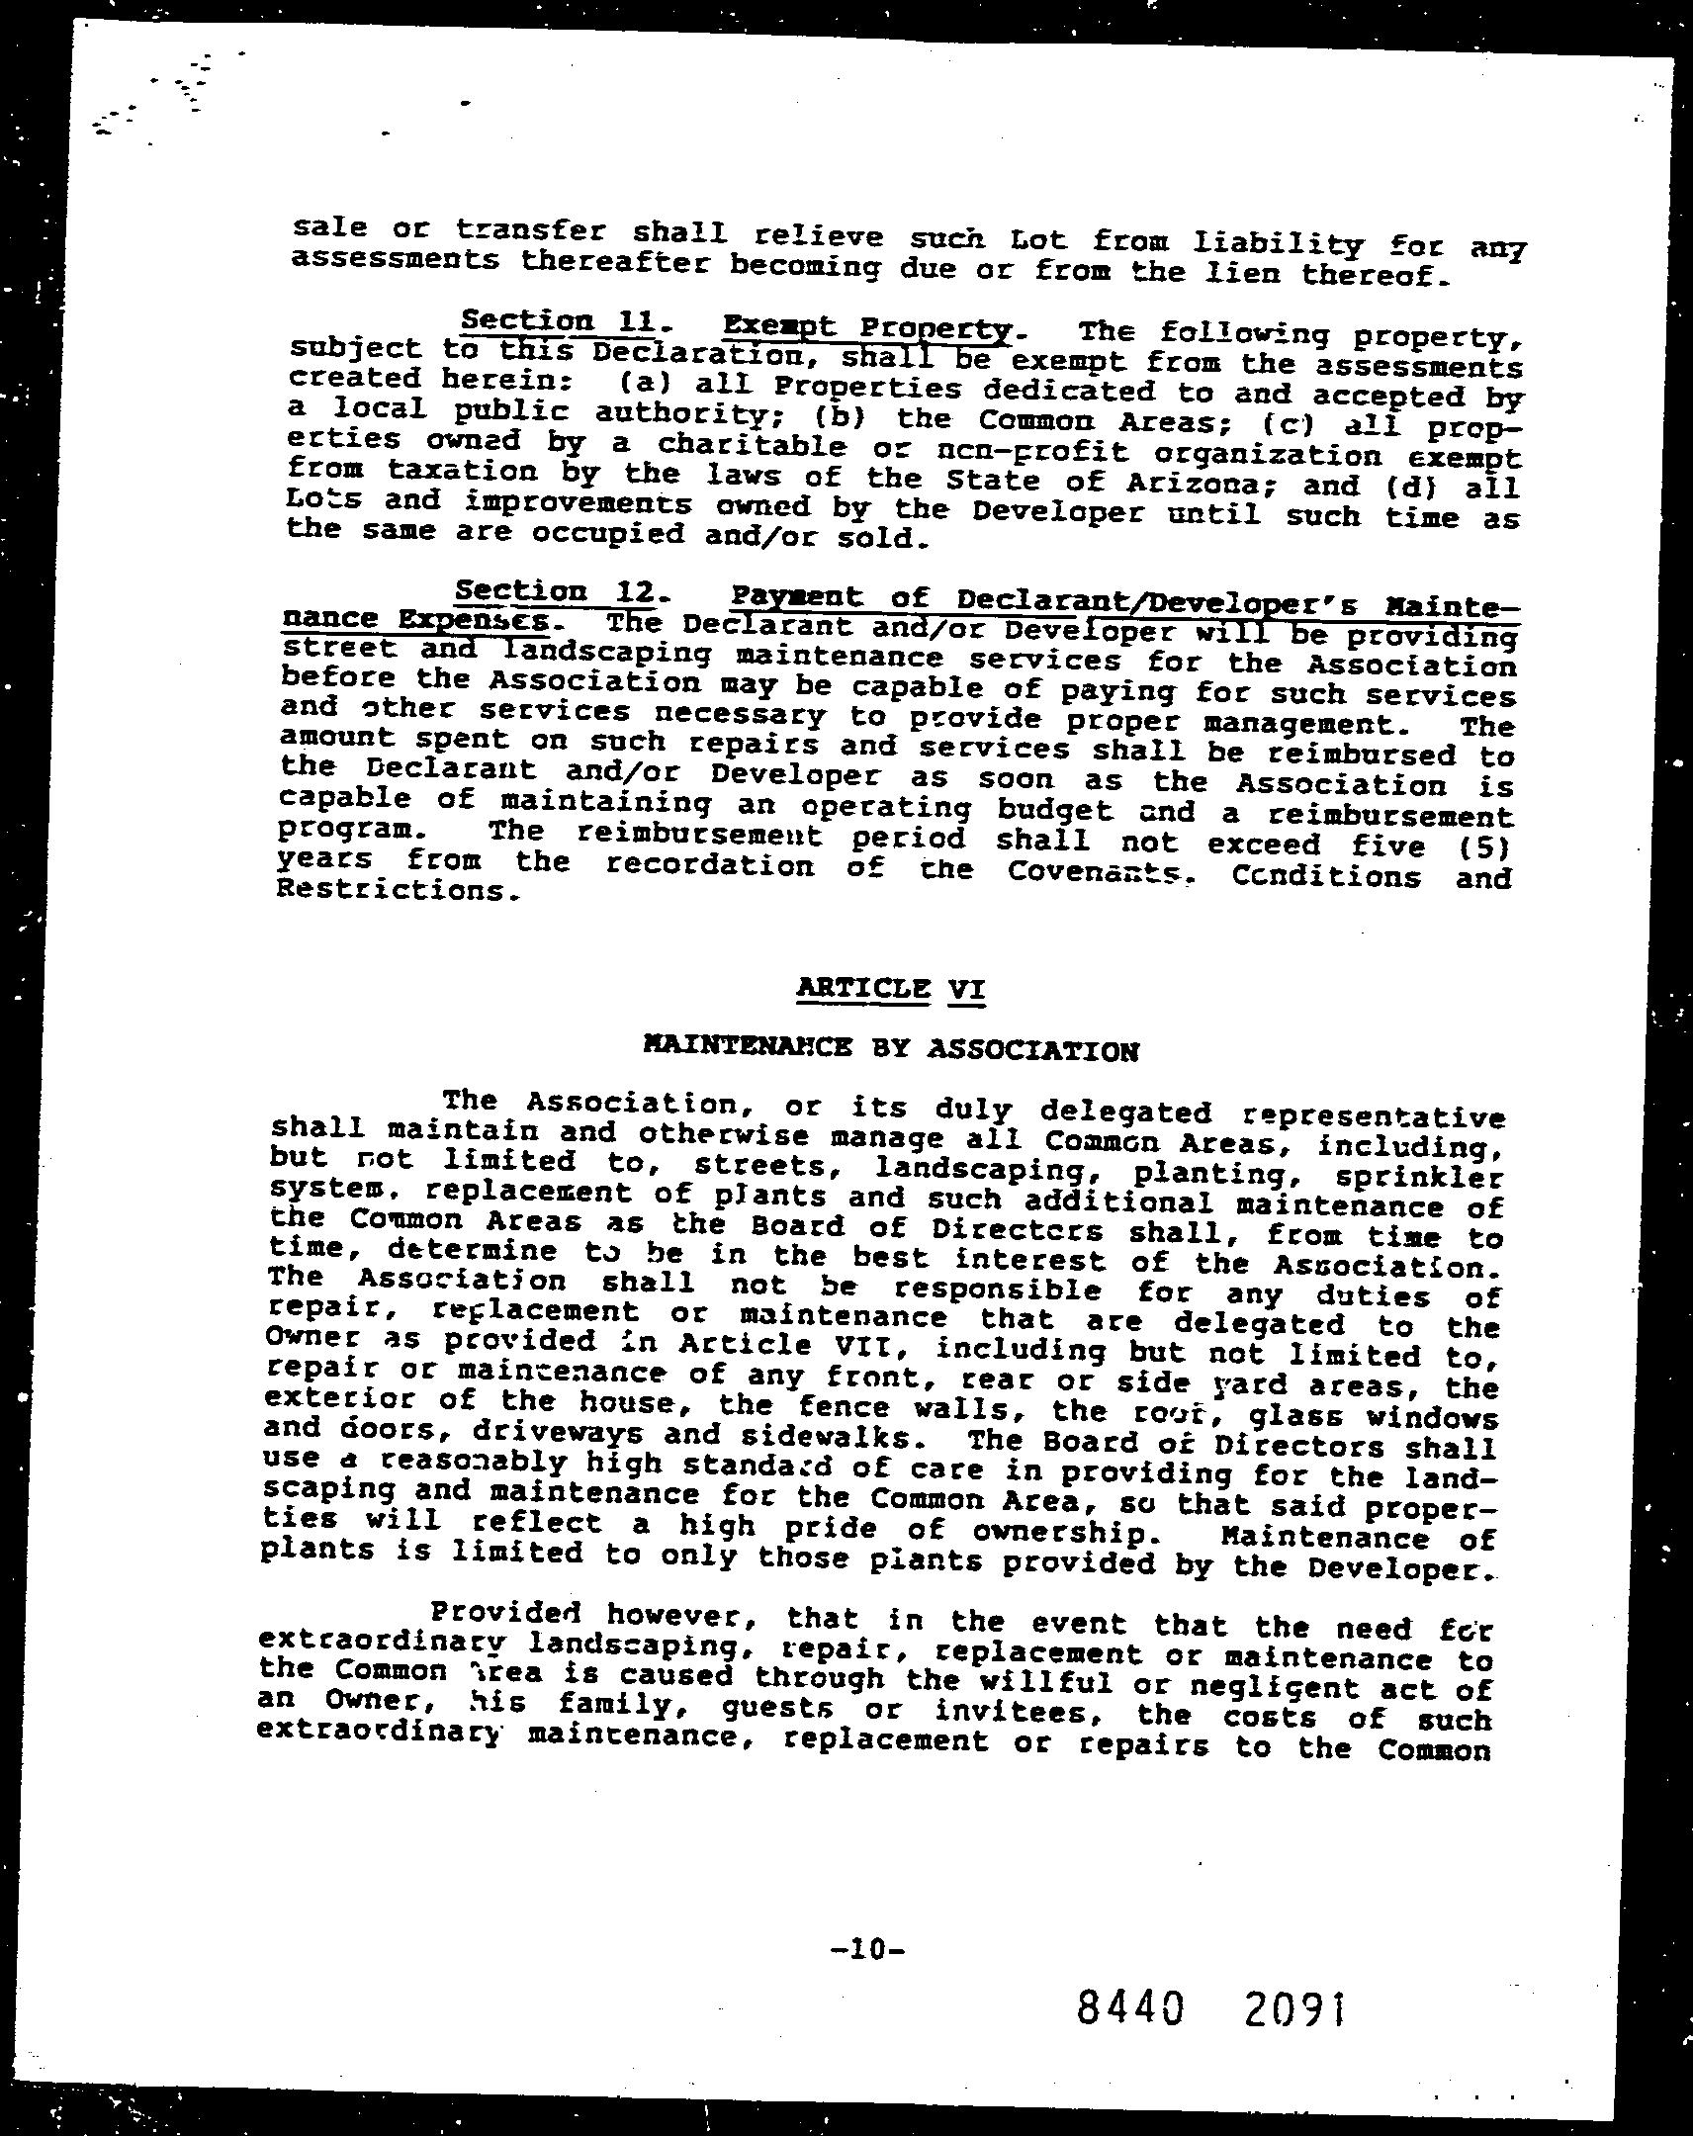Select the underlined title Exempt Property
point(868,328)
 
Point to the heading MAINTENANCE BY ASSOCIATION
point(891,1048)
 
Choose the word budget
point(1054,811)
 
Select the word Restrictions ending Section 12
point(396,890)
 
